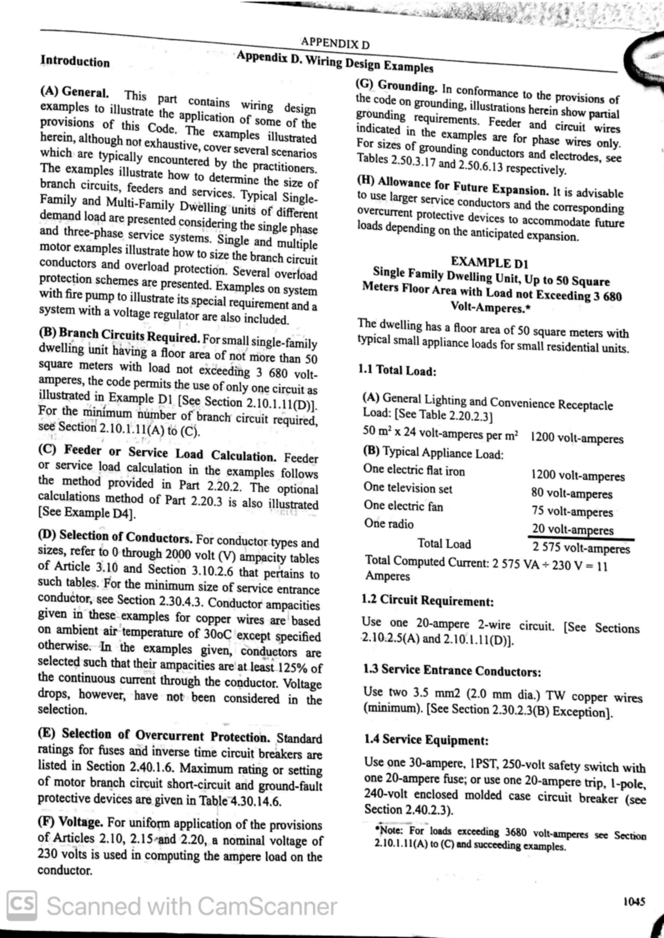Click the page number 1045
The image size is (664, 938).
[x=634, y=901]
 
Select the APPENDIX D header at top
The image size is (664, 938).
[x=335, y=43]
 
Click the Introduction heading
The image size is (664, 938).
[x=75, y=61]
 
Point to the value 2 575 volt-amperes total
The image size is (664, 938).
[x=581, y=548]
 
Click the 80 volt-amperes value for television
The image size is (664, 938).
[x=572, y=493]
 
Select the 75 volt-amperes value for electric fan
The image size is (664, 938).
[x=572, y=512]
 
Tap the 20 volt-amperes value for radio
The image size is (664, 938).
[x=573, y=529]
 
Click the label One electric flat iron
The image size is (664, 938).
[x=414, y=471]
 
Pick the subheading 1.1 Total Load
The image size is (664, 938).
[x=397, y=370]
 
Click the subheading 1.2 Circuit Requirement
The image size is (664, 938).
[x=427, y=600]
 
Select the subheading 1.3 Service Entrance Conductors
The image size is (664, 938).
[x=452, y=670]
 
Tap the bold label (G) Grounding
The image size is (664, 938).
[x=396, y=86]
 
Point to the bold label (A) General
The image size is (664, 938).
[x=74, y=91]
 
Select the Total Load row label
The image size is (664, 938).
[x=444, y=544]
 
